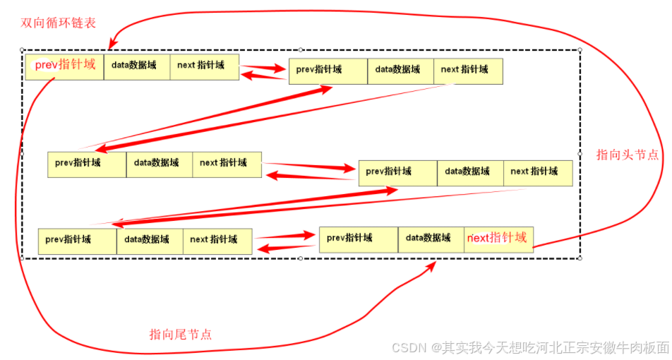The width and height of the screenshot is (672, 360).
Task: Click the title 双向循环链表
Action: tap(59, 23)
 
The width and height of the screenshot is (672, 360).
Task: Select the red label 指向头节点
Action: tap(627, 155)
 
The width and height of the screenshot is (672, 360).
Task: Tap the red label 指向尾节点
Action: tap(180, 334)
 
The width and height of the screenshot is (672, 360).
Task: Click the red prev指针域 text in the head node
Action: tap(65, 65)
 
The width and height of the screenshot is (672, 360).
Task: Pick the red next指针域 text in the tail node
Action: tap(498, 238)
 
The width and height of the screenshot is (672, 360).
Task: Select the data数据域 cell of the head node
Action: tap(136, 66)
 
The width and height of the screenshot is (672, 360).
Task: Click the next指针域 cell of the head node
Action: tap(203, 66)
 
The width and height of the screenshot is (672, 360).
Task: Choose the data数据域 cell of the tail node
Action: tap(431, 239)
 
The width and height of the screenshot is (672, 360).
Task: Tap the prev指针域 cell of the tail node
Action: tap(358, 239)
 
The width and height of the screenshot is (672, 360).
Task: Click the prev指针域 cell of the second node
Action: tap(328, 71)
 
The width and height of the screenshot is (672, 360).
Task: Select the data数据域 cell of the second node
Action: tap(400, 71)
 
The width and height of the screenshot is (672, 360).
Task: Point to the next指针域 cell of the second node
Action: tap(467, 71)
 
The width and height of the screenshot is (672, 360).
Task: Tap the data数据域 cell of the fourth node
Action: tap(469, 172)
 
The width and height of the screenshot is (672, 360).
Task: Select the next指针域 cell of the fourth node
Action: tap(536, 172)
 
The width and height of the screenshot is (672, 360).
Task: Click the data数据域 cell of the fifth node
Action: tap(149, 240)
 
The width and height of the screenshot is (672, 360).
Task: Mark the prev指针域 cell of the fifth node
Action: tap(76, 240)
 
